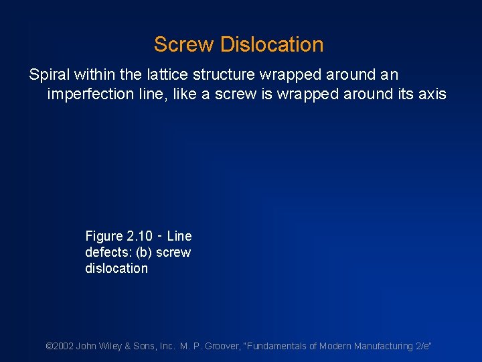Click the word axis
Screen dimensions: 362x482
click(x=432, y=94)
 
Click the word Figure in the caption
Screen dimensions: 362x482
click(x=104, y=236)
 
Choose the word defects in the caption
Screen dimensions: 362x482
click(x=106, y=252)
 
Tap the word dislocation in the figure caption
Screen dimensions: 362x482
click(x=116, y=268)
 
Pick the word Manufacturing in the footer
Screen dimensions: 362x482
click(x=380, y=346)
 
